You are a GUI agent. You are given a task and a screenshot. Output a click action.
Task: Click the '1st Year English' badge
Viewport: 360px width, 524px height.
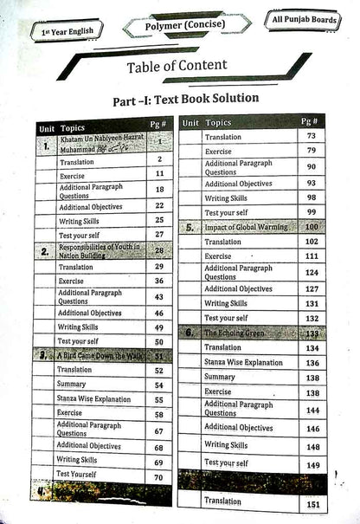66,31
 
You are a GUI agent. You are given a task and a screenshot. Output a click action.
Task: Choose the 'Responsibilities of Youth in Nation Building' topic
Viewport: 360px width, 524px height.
99,251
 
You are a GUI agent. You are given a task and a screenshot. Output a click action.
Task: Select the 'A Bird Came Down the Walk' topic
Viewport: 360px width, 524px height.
99,356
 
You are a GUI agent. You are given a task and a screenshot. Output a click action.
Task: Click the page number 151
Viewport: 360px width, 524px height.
312,503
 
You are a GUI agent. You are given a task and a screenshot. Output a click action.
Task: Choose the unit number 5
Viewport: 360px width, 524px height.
190,228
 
